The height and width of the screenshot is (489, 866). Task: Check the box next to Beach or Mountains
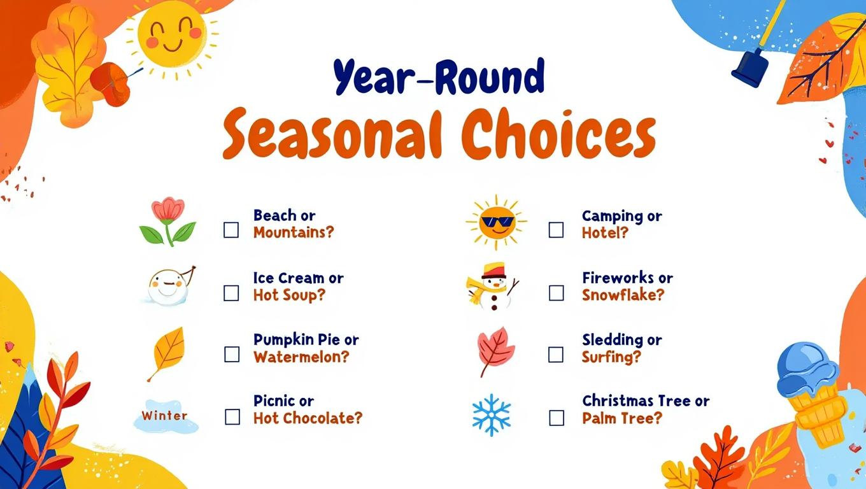(231, 230)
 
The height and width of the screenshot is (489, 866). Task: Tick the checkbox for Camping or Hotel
(556, 230)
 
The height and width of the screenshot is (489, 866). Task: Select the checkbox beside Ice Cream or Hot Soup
(231, 293)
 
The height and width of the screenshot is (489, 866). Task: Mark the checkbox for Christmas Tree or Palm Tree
(557, 418)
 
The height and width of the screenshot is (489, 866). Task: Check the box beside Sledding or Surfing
(555, 355)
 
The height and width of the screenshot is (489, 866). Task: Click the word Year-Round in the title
(439, 77)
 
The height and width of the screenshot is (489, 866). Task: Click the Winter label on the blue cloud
(164, 416)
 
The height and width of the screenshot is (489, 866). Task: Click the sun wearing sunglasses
(497, 223)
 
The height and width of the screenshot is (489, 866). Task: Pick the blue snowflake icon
(492, 415)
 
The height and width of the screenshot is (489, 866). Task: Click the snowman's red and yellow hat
(493, 270)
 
